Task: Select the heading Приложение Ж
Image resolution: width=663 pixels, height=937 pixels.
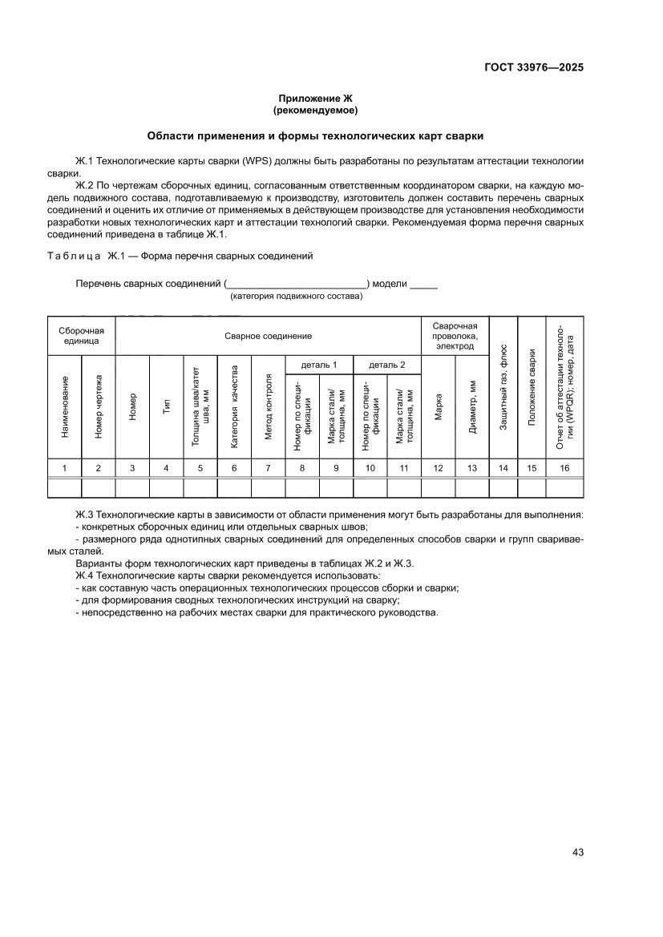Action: pos(315,98)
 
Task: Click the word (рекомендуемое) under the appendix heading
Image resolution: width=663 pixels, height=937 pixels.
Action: pos(315,110)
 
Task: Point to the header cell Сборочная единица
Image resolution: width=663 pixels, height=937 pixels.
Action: pos(82,335)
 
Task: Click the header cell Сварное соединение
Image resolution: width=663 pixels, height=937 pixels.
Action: pos(268,336)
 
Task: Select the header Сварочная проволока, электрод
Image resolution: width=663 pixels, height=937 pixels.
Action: pos(455,336)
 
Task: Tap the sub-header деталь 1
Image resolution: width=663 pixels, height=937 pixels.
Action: pos(318,365)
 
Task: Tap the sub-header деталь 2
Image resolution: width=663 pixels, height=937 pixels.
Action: pos(386,365)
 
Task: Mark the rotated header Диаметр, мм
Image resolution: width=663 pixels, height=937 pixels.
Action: pos(472,407)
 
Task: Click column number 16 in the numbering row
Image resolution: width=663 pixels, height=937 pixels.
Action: pos(564,468)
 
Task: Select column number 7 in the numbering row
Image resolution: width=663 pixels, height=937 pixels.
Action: pos(269,468)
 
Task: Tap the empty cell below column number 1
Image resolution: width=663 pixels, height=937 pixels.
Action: pos(65,488)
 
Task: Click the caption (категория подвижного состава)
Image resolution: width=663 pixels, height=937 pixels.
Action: pos(296,296)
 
